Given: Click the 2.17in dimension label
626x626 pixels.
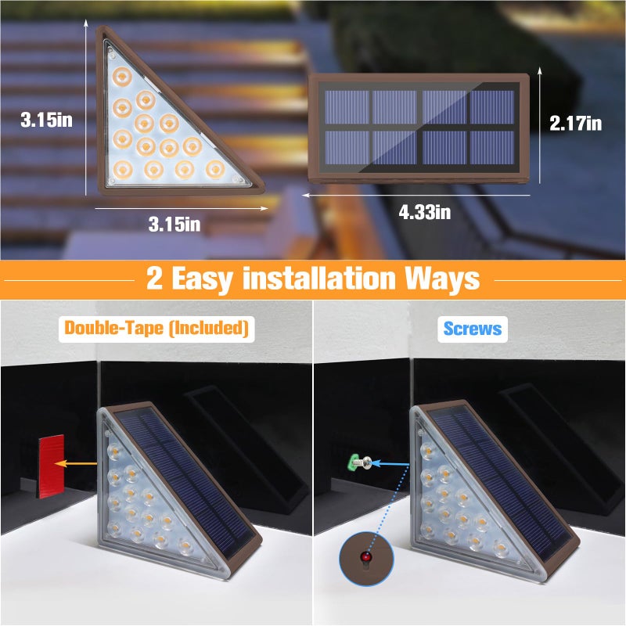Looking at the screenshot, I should tap(575, 123).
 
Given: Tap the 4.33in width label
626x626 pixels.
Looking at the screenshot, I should tap(426, 211).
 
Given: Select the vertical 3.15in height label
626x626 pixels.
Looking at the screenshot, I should tap(46, 121).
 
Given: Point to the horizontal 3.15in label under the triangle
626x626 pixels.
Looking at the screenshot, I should tap(174, 224).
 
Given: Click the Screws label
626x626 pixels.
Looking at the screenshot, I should tap(473, 329).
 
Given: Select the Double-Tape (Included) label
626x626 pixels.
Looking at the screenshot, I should tap(156, 329).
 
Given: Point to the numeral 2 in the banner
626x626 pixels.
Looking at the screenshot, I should tap(155, 278).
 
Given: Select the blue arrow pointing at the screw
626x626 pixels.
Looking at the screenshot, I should tap(388, 463).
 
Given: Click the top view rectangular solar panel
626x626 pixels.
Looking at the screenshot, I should tap(419, 127).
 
